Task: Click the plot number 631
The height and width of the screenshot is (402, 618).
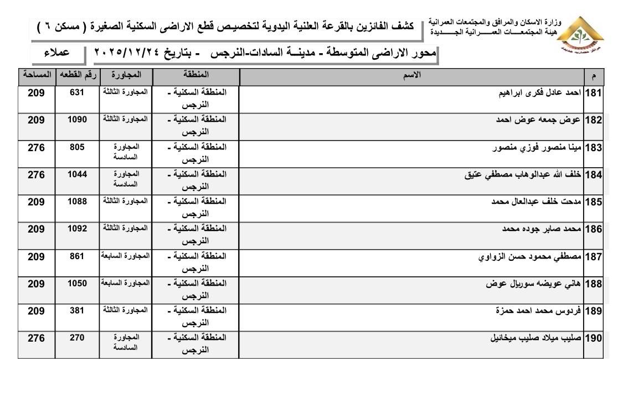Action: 76,93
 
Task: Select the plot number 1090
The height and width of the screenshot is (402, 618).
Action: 76,120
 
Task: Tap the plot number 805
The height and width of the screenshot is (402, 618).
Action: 76,147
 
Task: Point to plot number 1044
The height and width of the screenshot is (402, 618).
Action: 76,174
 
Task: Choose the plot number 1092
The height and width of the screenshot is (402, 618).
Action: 76,228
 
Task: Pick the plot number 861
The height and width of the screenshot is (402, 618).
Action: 76,256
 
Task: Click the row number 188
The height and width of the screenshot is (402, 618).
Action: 593,284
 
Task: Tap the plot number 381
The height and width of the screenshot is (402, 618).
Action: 76,310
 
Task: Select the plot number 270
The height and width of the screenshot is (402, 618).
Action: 76,337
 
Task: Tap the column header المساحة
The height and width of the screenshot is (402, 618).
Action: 36,74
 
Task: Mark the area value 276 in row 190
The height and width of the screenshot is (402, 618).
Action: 36,337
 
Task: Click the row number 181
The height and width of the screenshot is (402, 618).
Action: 593,93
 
